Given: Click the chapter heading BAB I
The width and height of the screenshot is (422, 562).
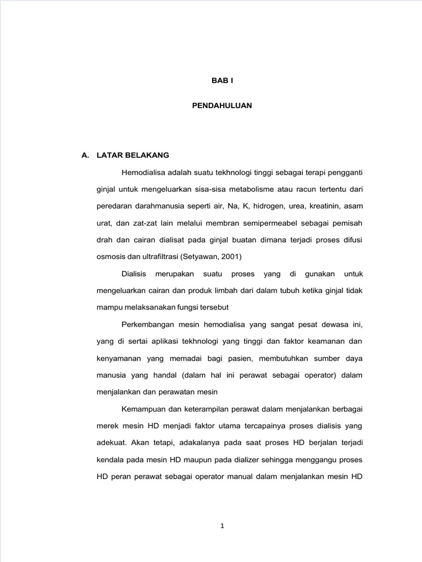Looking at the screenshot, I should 223,80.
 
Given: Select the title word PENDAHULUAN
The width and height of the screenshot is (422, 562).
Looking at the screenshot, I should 222,105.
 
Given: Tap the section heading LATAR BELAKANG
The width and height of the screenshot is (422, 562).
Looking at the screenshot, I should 132,155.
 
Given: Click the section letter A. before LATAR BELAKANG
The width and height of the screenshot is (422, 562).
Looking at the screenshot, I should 85,155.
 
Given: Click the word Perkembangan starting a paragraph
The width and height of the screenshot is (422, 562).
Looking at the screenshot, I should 148,324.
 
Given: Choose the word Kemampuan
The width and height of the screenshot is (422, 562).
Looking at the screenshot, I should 144,409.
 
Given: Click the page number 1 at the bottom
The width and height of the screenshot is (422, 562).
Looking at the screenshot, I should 222,526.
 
